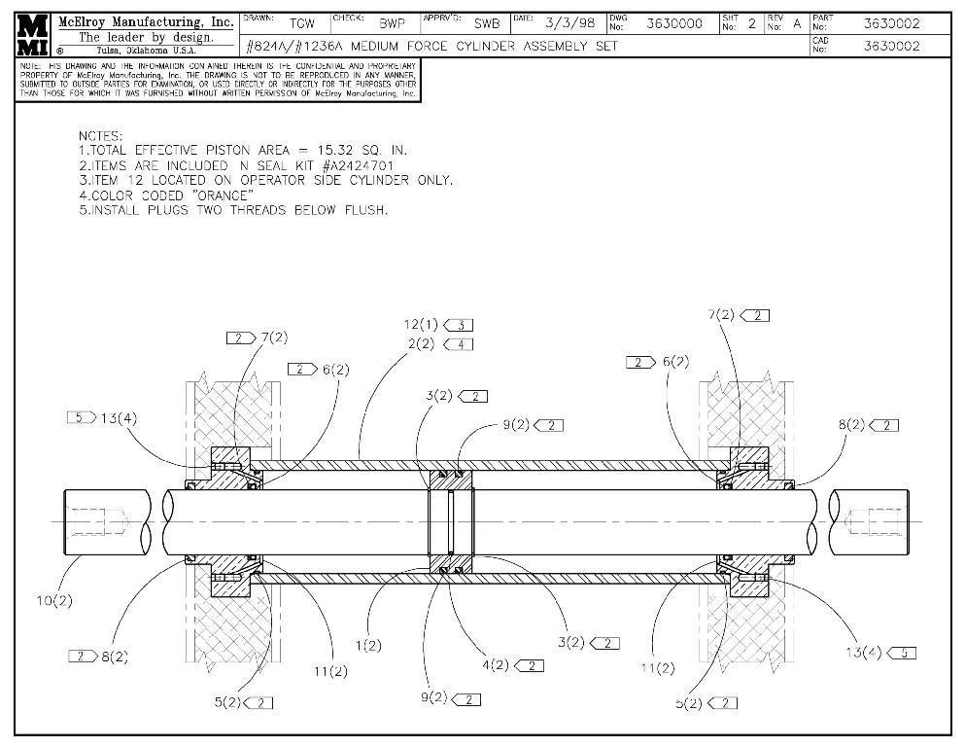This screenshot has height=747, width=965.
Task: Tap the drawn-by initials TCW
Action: pos(302,23)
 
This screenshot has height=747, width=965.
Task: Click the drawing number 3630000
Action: pos(674,23)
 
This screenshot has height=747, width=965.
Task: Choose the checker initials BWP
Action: pos(392,23)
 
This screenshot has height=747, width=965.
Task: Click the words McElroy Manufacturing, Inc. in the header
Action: pos(146,21)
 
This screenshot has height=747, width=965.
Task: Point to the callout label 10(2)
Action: pos(55,600)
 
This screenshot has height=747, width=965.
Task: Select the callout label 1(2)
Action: pos(368,645)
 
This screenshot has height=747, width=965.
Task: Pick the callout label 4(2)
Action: pos(495,665)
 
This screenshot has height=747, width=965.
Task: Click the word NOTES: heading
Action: pos(101,135)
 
